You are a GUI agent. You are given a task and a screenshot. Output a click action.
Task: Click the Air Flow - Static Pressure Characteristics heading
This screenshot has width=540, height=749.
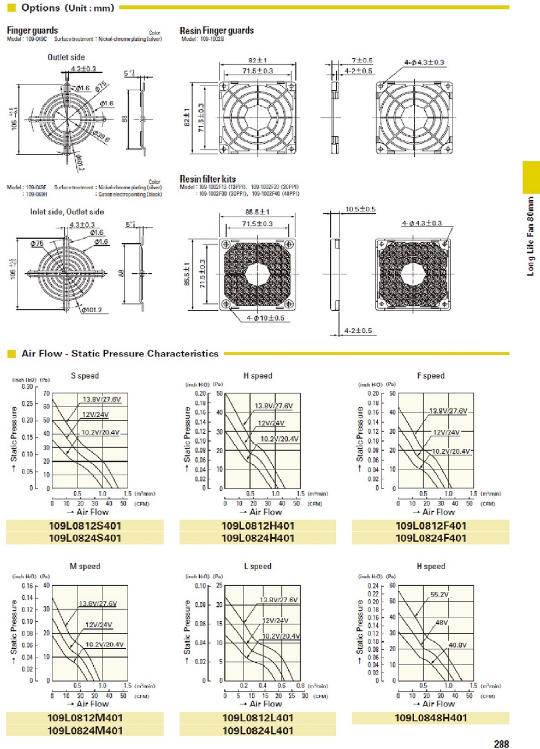pos(120,354)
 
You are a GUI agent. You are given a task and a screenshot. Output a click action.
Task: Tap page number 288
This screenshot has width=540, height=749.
pos(501,744)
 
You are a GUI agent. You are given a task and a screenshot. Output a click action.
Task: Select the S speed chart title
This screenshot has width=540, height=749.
pos(84,376)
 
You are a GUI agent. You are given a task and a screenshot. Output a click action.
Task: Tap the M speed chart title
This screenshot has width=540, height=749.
pos(84,566)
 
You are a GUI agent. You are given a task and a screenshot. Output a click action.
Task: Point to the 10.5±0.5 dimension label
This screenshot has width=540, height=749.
pos(360,209)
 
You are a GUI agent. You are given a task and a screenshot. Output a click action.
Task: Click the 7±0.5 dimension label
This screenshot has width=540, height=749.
pos(362,61)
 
